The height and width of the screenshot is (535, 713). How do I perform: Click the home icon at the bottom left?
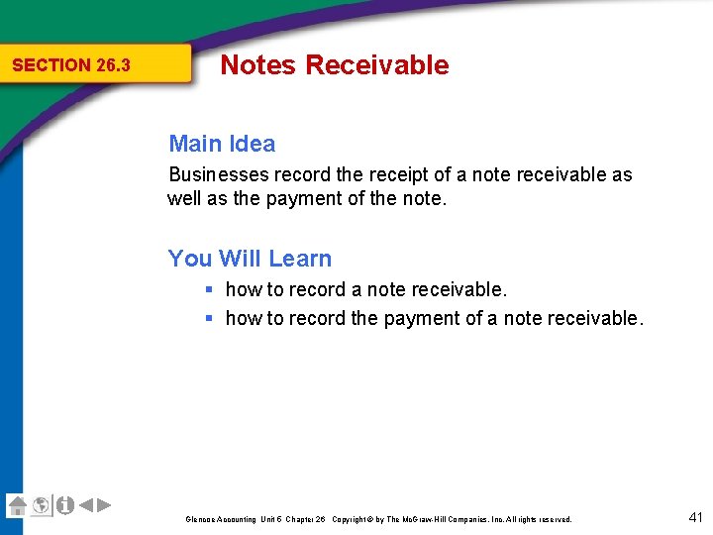pos(17,505)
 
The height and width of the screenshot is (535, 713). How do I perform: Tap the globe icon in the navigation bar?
pos(41,505)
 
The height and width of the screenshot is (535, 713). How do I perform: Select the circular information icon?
pos(65,505)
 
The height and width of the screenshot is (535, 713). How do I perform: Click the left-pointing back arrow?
pos(86,505)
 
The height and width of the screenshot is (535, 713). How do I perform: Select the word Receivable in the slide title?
pos(376,65)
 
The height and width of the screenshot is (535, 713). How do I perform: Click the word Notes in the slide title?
pos(257,65)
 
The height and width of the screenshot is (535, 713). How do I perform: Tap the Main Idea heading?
pos(222,144)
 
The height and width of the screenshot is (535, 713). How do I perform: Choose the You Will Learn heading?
pos(250,259)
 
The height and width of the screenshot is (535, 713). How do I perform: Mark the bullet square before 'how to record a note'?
pos(210,290)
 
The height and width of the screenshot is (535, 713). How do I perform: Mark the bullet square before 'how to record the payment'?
pos(210,319)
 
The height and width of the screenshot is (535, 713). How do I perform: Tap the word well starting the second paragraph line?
pos(184,198)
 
